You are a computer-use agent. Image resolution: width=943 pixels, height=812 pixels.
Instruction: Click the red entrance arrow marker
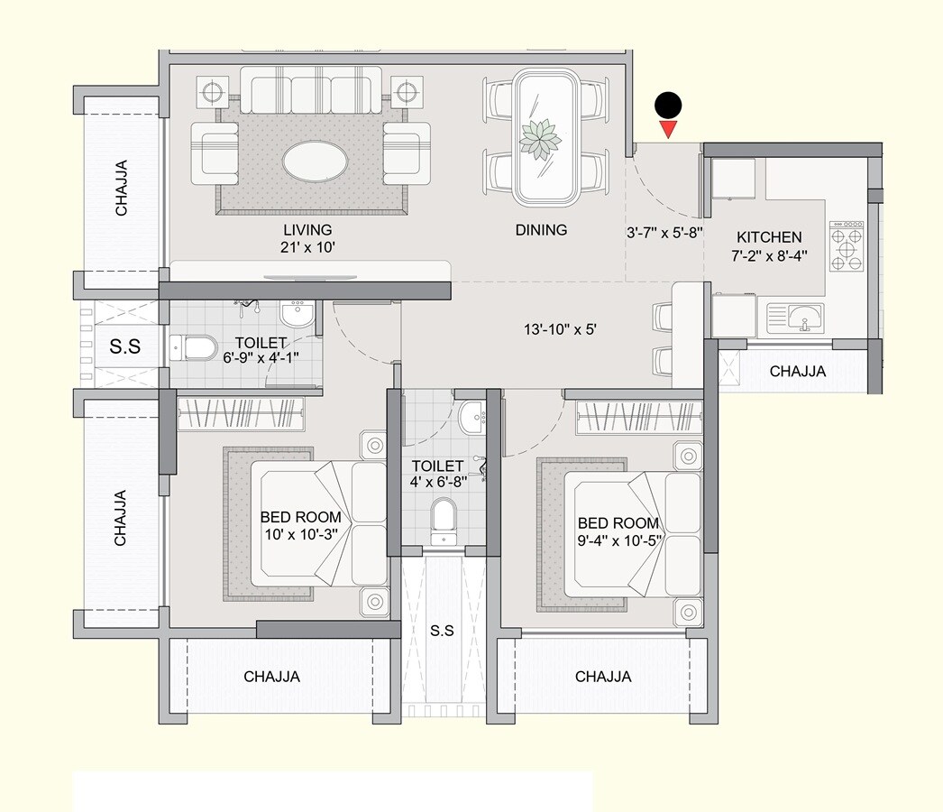667,130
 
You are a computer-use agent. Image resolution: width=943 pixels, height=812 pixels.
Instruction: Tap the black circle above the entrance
667,106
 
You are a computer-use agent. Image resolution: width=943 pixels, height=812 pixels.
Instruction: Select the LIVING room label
307,230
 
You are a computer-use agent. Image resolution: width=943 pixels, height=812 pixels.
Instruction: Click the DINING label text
541,230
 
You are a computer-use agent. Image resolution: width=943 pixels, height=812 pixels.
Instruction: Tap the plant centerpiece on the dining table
541,139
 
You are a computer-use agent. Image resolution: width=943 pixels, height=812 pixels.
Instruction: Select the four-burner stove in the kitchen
847,245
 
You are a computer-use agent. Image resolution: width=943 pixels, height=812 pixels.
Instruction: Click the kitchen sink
795,318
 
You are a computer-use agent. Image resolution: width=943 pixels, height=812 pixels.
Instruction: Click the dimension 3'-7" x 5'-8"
664,232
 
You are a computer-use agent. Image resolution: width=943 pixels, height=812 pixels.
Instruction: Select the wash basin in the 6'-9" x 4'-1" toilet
297,315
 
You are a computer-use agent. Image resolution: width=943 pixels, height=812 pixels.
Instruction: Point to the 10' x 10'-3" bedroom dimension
300,534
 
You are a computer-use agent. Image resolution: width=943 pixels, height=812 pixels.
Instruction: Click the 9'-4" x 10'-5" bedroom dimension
618,540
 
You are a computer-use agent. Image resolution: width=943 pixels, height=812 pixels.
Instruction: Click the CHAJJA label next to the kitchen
798,371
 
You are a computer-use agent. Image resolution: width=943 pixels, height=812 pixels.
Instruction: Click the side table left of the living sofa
216,92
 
